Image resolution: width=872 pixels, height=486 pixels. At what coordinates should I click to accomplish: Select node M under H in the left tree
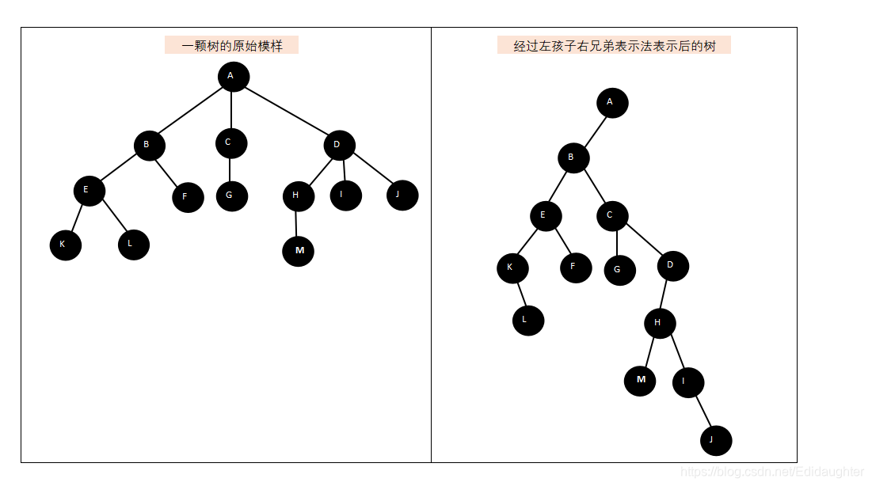(x=298, y=251)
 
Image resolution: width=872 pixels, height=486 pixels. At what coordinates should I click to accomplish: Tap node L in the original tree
(x=133, y=244)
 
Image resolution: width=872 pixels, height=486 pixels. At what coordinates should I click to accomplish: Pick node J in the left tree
(x=402, y=195)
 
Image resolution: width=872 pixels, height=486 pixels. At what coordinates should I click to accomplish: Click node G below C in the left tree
(x=231, y=196)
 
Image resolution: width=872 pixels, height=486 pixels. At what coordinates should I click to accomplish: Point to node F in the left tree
(x=188, y=197)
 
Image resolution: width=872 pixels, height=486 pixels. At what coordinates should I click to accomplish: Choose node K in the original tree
(x=65, y=245)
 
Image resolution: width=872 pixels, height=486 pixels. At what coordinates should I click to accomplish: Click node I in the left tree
(x=345, y=195)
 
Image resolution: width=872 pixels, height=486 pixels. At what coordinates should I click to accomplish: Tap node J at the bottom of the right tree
(x=716, y=440)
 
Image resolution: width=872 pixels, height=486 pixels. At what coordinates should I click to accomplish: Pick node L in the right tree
(x=527, y=321)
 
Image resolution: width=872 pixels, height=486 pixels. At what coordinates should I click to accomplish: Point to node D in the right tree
(x=672, y=266)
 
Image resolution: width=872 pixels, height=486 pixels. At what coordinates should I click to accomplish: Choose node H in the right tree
(x=659, y=323)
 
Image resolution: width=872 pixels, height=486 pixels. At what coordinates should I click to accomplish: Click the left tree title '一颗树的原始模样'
(x=231, y=46)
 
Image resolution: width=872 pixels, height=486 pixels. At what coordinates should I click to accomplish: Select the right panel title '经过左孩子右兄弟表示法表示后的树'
(x=614, y=46)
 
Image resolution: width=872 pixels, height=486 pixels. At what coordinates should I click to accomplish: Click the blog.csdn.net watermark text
(x=771, y=472)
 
